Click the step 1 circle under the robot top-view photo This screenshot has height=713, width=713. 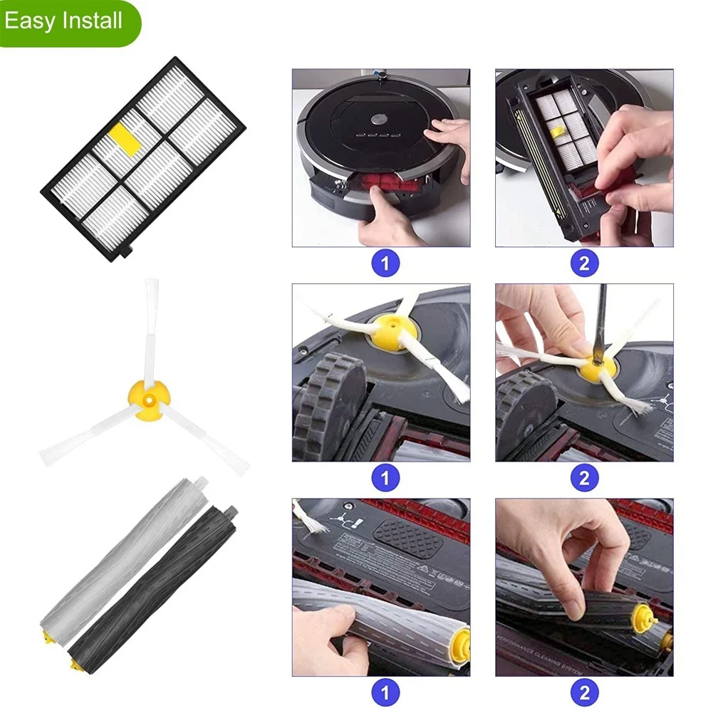pyautogui.click(x=385, y=264)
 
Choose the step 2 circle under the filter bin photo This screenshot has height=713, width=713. pyautogui.click(x=584, y=264)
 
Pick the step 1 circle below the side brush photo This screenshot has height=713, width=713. pyautogui.click(x=385, y=478)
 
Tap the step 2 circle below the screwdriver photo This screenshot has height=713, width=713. pyautogui.click(x=584, y=478)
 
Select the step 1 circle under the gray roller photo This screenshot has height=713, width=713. pyautogui.click(x=385, y=693)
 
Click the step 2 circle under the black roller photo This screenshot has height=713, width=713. pyautogui.click(x=584, y=693)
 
